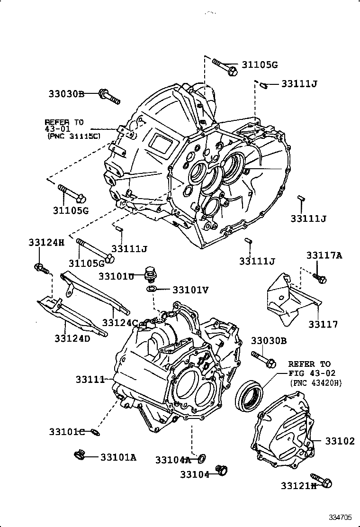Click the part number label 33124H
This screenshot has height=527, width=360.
click(x=45, y=243)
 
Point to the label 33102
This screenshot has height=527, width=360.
click(x=340, y=441)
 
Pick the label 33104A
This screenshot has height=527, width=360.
click(x=173, y=459)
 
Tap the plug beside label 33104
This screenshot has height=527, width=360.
click(x=222, y=470)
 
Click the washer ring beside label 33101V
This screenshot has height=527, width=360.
click(x=152, y=289)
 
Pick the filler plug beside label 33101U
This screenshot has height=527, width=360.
click(x=150, y=274)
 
